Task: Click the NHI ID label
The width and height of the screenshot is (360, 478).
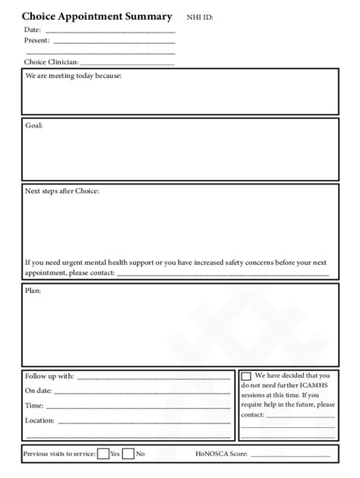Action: point(200,17)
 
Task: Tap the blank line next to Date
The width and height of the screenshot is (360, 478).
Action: point(110,32)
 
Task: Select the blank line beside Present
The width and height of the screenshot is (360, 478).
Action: point(114,42)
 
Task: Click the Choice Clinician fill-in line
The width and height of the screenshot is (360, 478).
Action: point(127,64)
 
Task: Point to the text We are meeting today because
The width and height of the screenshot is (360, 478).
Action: point(73,77)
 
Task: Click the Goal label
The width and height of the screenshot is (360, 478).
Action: point(34,125)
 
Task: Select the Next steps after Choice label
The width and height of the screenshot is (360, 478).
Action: point(62,191)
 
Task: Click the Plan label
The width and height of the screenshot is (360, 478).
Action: point(33,291)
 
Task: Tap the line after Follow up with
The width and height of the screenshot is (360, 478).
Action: point(154,377)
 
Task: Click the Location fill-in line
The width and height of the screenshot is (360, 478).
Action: point(144,421)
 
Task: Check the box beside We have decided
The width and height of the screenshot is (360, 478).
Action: point(246,376)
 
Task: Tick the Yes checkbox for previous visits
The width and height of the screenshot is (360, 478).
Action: point(103,454)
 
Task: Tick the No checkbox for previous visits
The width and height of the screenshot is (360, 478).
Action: point(128,454)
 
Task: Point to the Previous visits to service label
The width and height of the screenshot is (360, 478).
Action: point(59,454)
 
